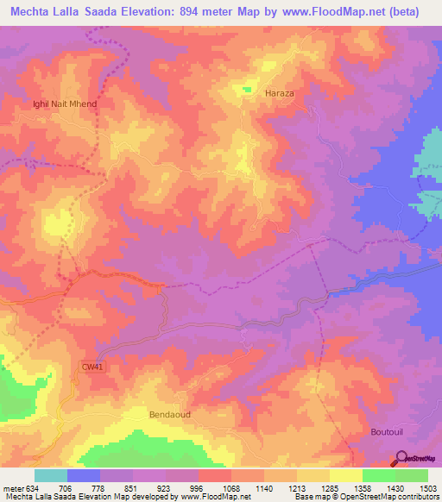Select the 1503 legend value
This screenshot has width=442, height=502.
click(426, 487)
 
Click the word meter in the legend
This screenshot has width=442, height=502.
click(12, 487)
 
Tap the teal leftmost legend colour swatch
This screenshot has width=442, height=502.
click(51, 475)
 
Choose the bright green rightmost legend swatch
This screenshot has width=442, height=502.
click(412, 475)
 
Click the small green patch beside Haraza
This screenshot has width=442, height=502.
click(247, 89)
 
